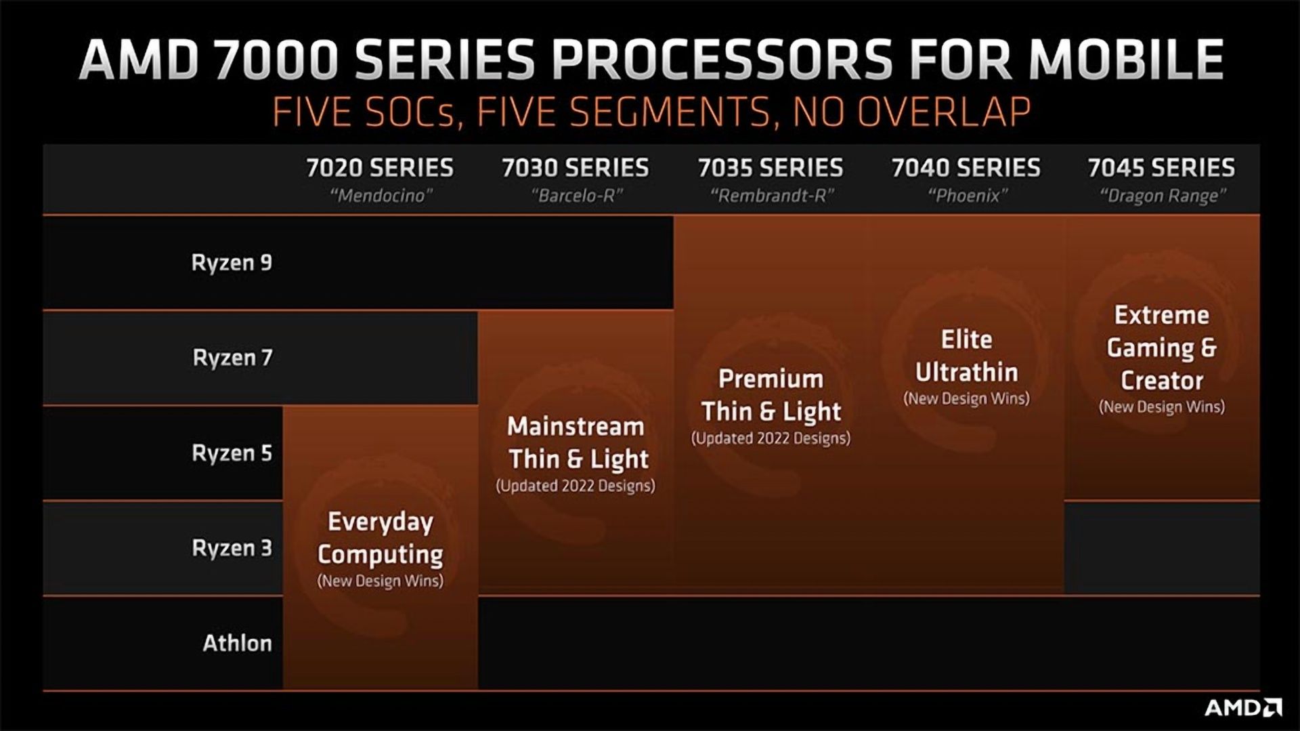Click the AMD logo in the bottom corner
tap(1243, 708)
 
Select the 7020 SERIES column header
tap(380, 167)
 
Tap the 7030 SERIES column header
tap(576, 167)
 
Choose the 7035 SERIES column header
tap(771, 167)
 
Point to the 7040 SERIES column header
tap(966, 167)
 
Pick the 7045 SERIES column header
tap(1161, 167)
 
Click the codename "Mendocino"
tap(381, 196)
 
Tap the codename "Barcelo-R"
tap(576, 196)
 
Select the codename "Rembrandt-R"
tap(772, 196)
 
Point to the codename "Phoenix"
tap(967, 196)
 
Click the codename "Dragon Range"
tap(1163, 196)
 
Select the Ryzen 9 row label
tap(232, 263)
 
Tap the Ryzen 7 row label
tap(232, 358)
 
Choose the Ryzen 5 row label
tap(232, 453)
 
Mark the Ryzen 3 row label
tap(232, 547)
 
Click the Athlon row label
tap(237, 642)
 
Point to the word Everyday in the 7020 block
tap(380, 522)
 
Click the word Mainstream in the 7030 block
tap(576, 426)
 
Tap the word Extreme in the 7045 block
tap(1162, 314)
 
